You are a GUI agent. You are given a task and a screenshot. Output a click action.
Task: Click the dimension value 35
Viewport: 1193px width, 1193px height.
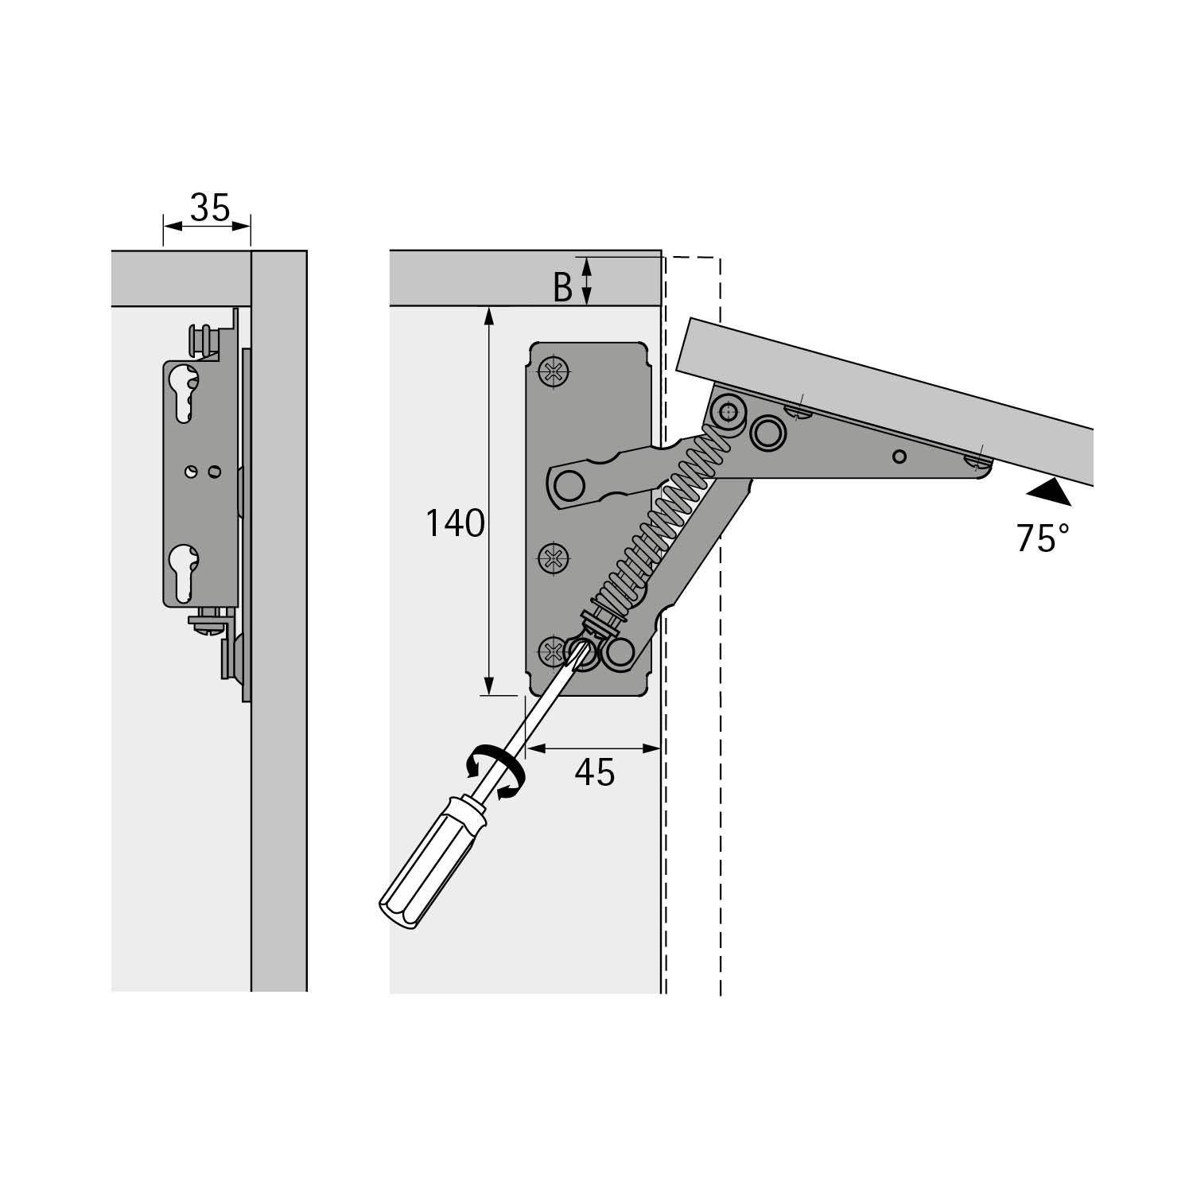pyautogui.click(x=210, y=208)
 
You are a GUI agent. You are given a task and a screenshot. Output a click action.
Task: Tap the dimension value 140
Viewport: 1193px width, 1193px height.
pyautogui.click(x=454, y=523)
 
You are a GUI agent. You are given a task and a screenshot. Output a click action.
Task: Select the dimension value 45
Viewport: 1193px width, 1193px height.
pyautogui.click(x=595, y=772)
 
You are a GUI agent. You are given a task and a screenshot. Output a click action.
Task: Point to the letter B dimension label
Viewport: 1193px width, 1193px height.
pyautogui.click(x=563, y=288)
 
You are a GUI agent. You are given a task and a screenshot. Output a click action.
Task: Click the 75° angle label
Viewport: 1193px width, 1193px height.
pyautogui.click(x=1042, y=538)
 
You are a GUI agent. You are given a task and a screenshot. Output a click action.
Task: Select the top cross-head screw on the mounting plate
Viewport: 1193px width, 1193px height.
pyautogui.click(x=554, y=371)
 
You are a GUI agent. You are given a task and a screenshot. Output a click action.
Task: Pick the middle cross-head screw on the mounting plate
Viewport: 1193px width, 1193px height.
pyautogui.click(x=554, y=558)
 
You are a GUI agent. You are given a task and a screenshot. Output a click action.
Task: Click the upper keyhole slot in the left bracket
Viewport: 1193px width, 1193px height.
pyautogui.click(x=185, y=393)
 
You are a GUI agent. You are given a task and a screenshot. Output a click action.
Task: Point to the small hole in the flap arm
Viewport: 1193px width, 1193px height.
pyautogui.click(x=900, y=457)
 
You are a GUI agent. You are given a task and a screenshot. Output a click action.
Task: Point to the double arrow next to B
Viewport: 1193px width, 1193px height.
pyautogui.click(x=587, y=281)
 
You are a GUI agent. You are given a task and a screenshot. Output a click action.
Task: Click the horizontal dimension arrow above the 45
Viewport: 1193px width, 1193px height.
pyautogui.click(x=593, y=748)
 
